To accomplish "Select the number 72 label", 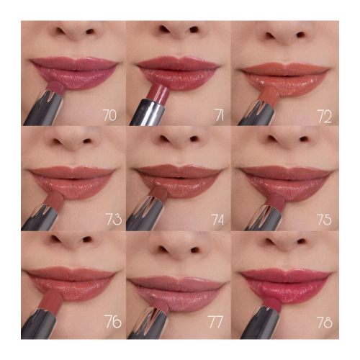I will point(322,114).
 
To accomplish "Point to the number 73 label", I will point(112,219).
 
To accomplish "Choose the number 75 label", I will point(322,219).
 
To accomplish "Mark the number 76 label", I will point(112,323).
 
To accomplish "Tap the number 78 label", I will point(322,323).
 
